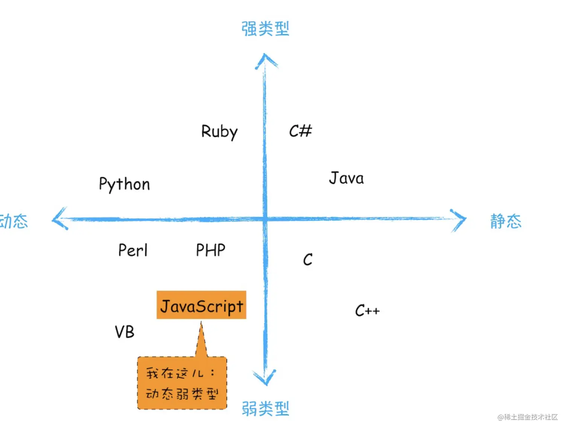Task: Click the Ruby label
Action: point(219,132)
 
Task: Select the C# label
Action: point(300,131)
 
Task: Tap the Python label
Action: point(124,184)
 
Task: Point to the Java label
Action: point(346,178)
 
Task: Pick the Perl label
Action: point(132,250)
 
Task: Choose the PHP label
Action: point(210,250)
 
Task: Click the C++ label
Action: point(367,311)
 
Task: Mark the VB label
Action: point(124,332)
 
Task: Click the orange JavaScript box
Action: point(201,305)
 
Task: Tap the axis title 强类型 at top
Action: point(265,29)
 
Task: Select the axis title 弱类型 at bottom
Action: point(265,409)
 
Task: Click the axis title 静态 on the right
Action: point(506,221)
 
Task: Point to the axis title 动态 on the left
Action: point(14,221)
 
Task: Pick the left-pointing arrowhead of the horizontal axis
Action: point(59,219)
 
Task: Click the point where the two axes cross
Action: point(265,219)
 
